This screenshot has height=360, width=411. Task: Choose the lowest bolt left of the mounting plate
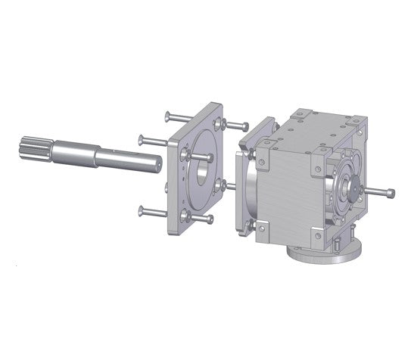151,212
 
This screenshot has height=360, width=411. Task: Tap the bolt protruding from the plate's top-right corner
237,125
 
